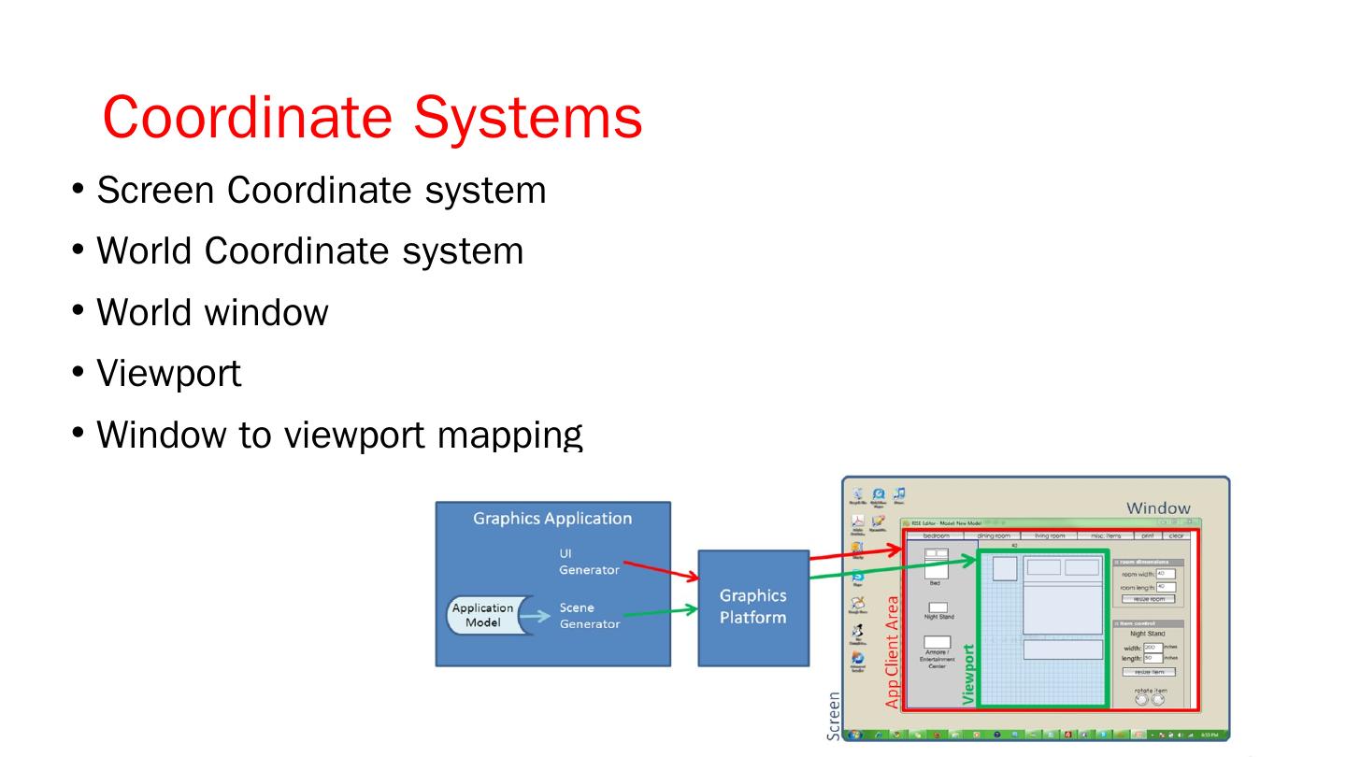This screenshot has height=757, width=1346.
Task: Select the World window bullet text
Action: [212, 311]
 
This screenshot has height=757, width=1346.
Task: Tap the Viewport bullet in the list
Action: [169, 373]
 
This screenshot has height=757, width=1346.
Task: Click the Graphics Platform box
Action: [752, 607]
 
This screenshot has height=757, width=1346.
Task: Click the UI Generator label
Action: [588, 562]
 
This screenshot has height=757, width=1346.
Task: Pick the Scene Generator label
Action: [589, 616]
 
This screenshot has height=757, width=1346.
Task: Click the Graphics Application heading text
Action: [552, 519]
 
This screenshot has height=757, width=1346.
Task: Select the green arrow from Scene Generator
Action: [659, 612]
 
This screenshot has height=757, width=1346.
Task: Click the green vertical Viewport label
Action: [968, 673]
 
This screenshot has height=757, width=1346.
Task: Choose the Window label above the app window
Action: [1158, 508]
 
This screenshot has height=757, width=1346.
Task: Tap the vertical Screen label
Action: [834, 716]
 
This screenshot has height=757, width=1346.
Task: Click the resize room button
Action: [1149, 599]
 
